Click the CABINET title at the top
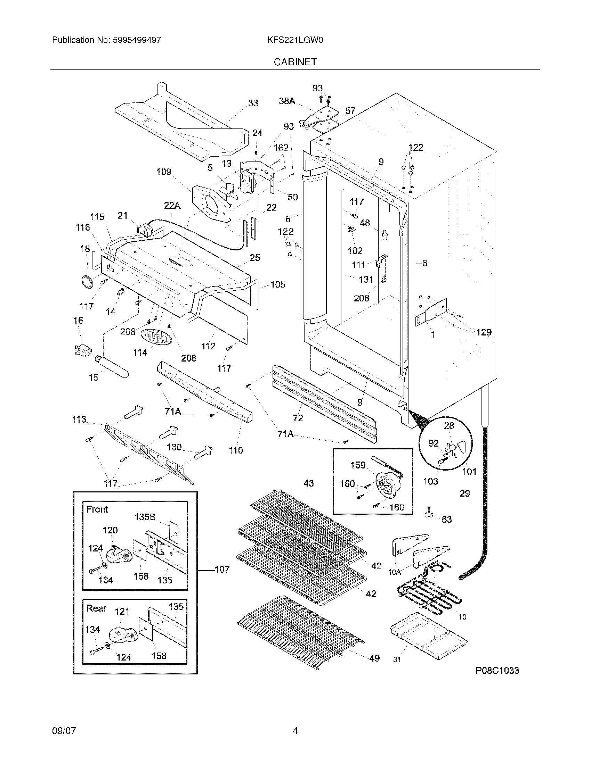coord(295,62)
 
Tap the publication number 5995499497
coord(137,40)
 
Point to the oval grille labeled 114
coord(157,337)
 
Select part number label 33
coord(253,103)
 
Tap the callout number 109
coord(164,172)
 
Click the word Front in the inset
coord(97,509)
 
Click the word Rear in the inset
coord(96,608)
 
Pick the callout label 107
coord(222,569)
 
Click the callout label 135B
coord(145,517)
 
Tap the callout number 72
coord(298,418)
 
